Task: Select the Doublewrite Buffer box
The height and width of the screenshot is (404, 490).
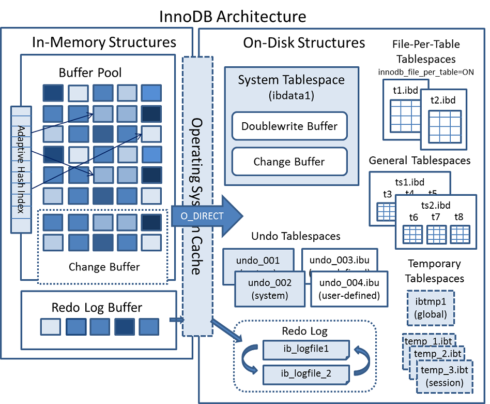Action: (289, 126)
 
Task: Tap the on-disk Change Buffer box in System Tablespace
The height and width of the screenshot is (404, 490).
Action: (289, 162)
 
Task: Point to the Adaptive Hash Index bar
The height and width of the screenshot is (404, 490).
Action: (21, 169)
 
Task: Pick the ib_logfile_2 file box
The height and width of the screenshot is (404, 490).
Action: (305, 373)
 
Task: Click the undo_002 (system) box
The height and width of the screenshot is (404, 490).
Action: (269, 289)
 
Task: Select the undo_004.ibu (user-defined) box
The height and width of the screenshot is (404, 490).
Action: (349, 289)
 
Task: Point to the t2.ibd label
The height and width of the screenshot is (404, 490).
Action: (443, 100)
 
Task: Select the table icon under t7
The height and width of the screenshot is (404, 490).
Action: (436, 234)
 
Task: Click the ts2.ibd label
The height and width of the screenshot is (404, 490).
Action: (436, 205)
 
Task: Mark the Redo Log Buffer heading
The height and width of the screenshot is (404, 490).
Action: (97, 307)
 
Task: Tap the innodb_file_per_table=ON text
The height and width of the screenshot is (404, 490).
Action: (426, 72)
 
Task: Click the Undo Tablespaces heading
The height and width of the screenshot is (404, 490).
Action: (296, 236)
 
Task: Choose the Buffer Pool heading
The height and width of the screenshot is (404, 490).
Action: (90, 72)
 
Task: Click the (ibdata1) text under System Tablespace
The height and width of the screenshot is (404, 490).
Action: (291, 96)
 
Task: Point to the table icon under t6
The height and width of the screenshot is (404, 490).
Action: (412, 234)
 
